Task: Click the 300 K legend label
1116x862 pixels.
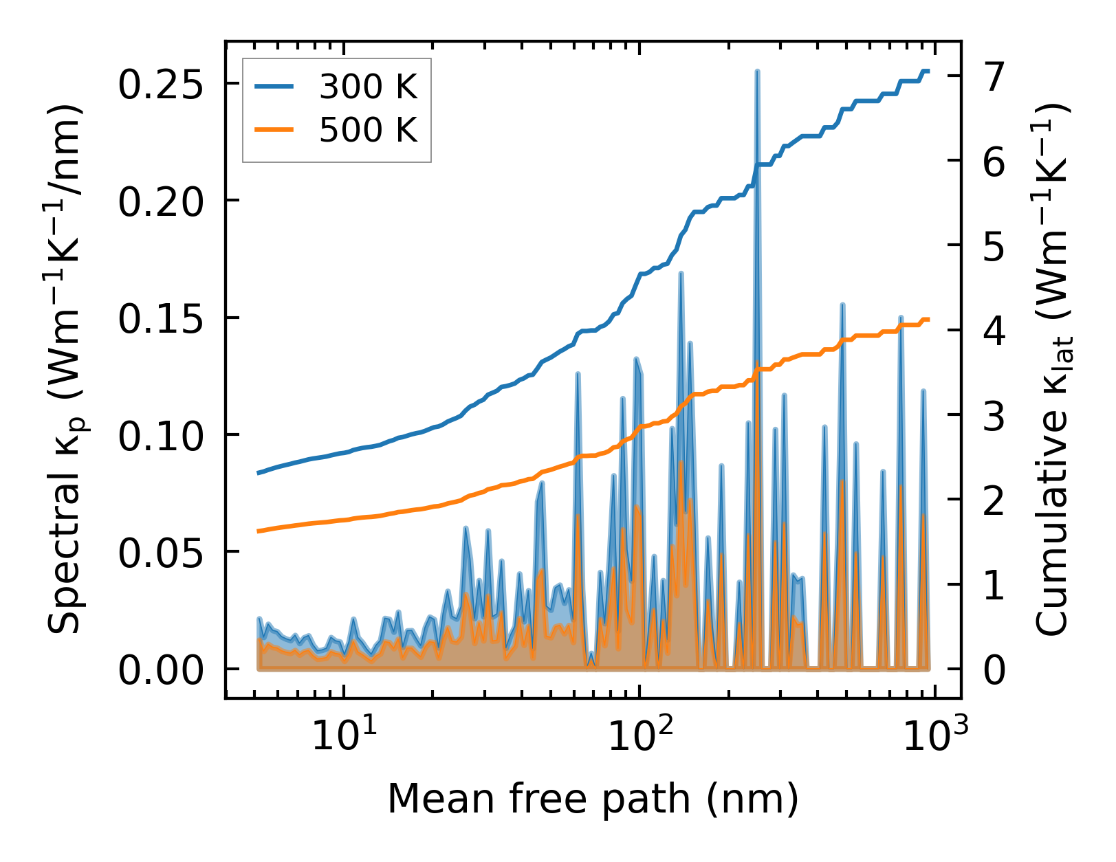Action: pos(368,87)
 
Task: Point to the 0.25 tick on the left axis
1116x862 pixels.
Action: pos(161,85)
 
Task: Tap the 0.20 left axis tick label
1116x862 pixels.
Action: pos(161,201)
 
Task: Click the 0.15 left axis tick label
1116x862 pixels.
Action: pos(161,318)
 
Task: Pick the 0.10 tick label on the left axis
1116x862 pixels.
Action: pos(161,435)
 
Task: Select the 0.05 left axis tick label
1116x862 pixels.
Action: pos(161,552)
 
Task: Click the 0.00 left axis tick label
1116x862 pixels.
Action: pos(161,670)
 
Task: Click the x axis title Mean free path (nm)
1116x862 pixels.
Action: pos(593,799)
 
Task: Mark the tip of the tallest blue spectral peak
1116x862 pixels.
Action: pos(757,71)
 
